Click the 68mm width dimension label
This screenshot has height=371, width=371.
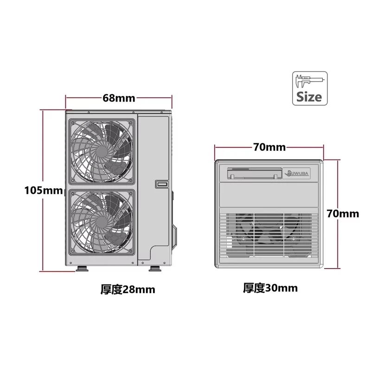pos(119,98)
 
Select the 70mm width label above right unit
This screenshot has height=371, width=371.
pos(269,147)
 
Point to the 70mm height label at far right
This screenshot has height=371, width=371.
pos(343,213)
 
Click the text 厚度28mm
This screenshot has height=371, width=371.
pos(128,290)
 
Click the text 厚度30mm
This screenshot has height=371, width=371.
pos(270,288)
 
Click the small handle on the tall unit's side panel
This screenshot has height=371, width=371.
pos(161,184)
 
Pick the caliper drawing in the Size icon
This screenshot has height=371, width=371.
pos(309,80)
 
